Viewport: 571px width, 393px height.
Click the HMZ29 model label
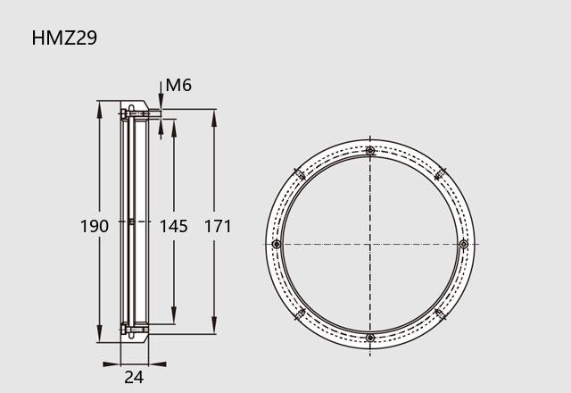[x=64, y=38]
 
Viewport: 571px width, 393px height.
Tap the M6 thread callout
[x=178, y=85]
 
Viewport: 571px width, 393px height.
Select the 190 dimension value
[x=95, y=226]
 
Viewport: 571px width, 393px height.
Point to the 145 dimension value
[x=174, y=226]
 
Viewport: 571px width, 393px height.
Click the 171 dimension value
[x=218, y=226]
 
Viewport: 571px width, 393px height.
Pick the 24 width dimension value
[x=134, y=377]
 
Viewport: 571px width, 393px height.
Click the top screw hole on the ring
[x=370, y=151]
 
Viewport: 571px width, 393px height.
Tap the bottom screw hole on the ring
[x=370, y=338]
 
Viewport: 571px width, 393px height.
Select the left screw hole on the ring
[x=277, y=244]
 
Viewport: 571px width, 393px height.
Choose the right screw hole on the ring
[x=464, y=244]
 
